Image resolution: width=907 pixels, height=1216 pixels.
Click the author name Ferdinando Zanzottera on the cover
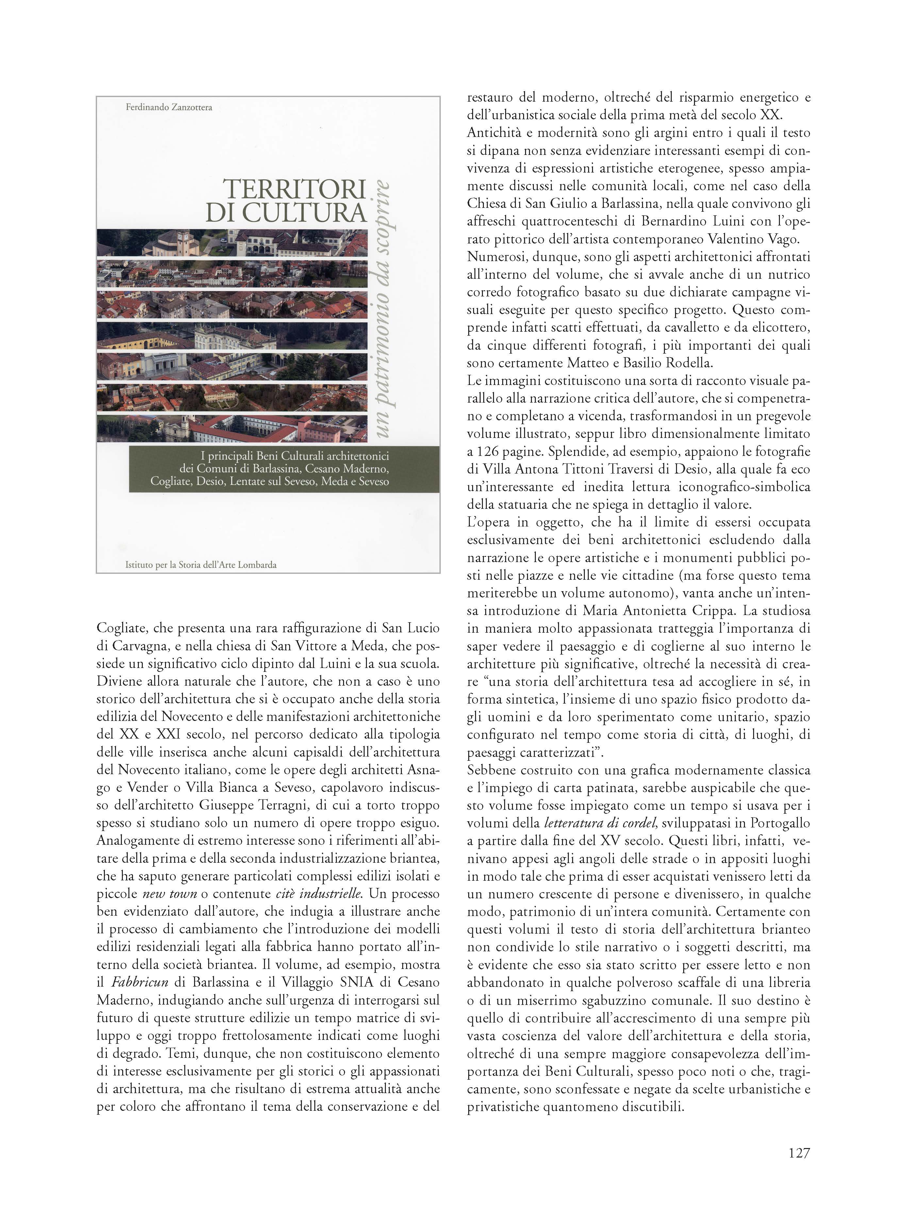(x=169, y=107)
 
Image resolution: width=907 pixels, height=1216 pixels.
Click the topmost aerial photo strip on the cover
(x=232, y=243)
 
